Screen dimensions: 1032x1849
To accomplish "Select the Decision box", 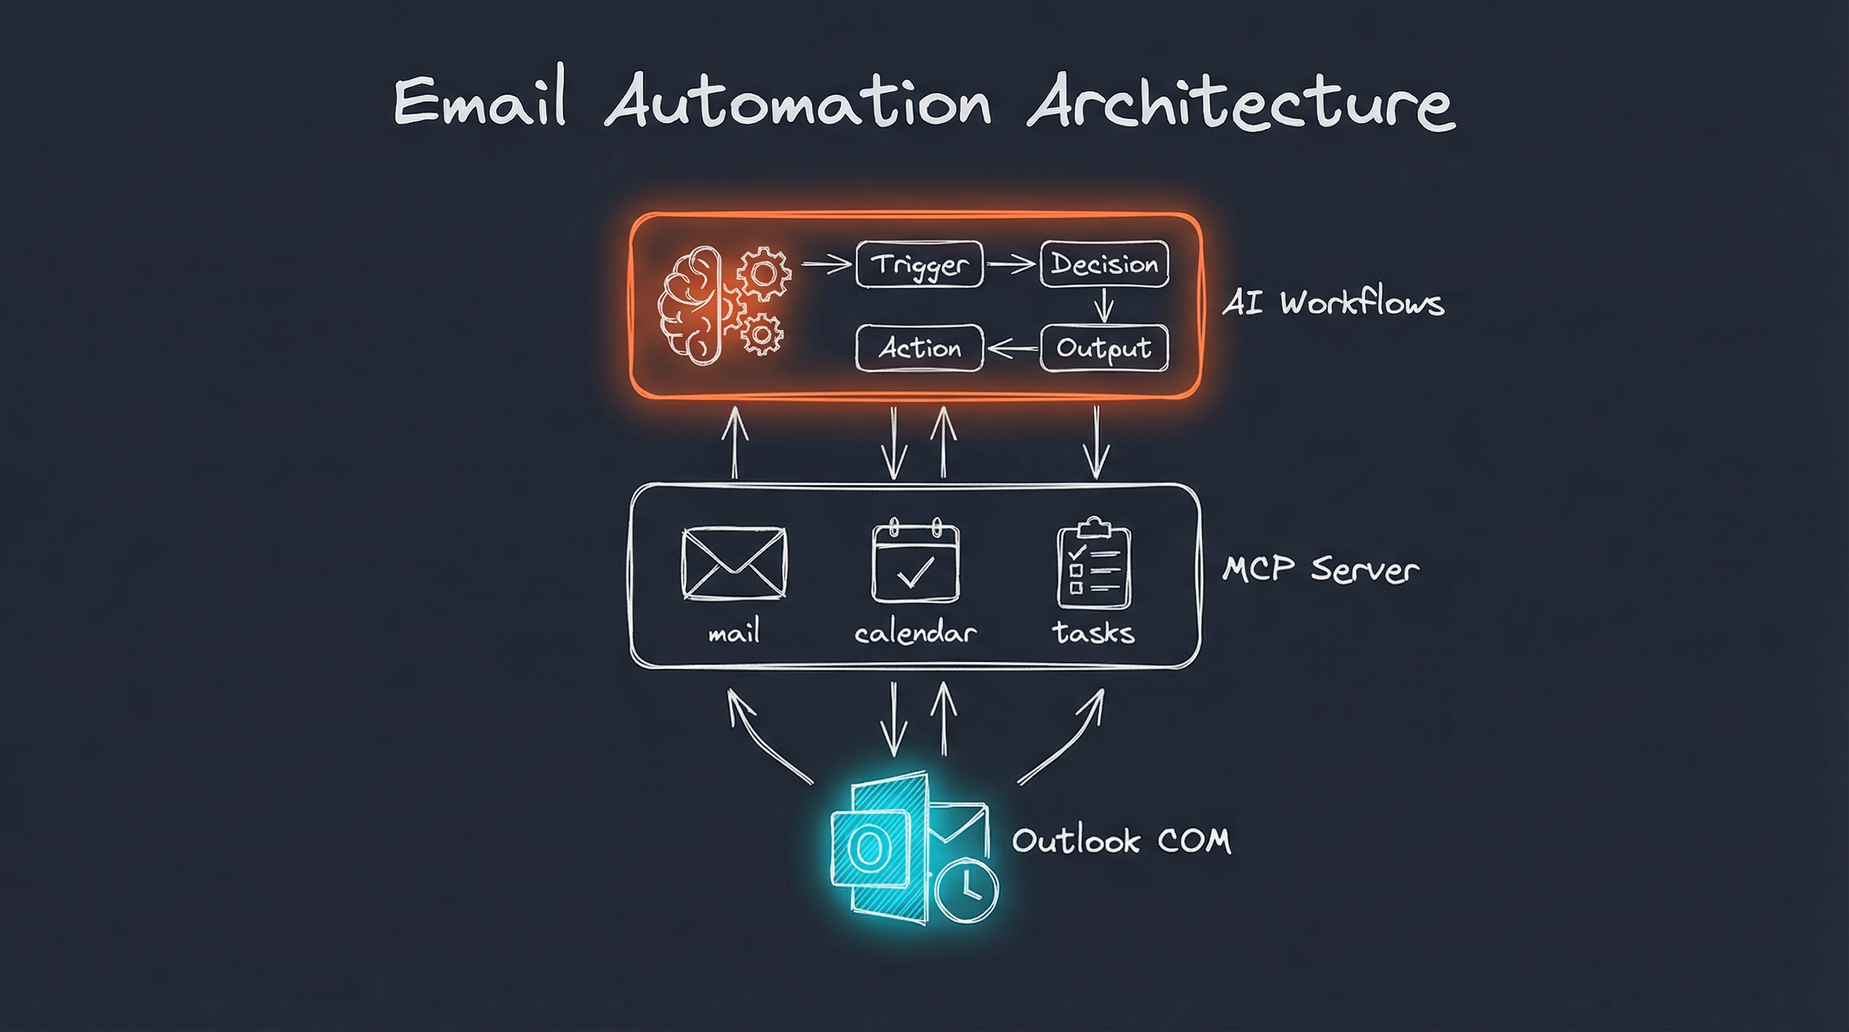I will pyautogui.click(x=1104, y=264).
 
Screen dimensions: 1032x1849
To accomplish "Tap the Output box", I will pyautogui.click(x=1104, y=348).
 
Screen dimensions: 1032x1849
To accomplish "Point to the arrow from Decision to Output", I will pyautogui.click(x=1104, y=305).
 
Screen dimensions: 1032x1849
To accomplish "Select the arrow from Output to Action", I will pyautogui.click(x=1012, y=349).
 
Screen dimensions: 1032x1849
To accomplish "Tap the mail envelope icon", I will pyautogui.click(x=734, y=563).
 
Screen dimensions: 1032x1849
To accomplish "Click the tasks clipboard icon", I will pyautogui.click(x=1093, y=563).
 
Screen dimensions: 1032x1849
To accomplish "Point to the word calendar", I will pyautogui.click(x=915, y=633).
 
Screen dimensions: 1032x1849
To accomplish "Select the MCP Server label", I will pyautogui.click(x=1320, y=570).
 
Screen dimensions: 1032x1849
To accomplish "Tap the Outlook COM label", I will pyautogui.click(x=1121, y=841).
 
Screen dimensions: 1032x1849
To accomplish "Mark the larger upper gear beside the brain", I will pyautogui.click(x=764, y=273).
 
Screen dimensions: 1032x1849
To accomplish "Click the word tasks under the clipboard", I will pyautogui.click(x=1093, y=633).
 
